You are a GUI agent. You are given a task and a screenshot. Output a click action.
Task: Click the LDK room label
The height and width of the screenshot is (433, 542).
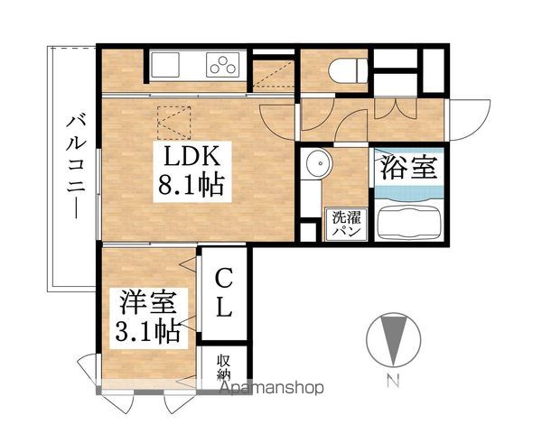tap(189, 155)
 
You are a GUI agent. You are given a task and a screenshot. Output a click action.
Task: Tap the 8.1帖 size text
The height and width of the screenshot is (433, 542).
tap(189, 188)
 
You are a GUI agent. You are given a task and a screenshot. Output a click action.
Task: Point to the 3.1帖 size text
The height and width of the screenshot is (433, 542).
tap(145, 332)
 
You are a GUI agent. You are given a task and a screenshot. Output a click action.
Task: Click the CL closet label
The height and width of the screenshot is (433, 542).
tap(224, 290)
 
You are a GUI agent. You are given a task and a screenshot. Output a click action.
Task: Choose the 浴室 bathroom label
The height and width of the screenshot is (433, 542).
tap(407, 169)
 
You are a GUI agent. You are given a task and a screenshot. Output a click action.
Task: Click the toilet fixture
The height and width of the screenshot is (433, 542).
tap(347, 67)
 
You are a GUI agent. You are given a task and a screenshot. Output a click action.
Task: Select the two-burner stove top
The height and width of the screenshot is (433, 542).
tap(223, 65)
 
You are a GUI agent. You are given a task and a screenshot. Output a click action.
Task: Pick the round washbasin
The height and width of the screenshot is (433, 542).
tap(316, 165)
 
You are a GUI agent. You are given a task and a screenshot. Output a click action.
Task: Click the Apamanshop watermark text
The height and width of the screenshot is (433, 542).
tap(271, 390)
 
